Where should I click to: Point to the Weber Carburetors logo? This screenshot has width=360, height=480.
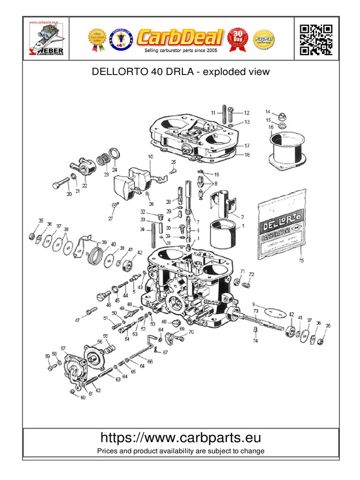[46, 39]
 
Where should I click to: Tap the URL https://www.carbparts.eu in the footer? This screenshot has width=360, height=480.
[180, 438]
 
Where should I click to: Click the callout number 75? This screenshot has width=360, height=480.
[301, 260]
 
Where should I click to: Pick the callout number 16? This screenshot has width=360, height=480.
[271, 127]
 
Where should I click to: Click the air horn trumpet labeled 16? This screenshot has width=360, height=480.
[286, 149]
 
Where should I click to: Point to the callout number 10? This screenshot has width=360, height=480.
[150, 157]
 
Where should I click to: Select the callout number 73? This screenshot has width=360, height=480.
[256, 311]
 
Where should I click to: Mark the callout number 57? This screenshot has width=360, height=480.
[63, 348]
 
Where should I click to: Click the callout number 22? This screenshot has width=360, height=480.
[84, 179]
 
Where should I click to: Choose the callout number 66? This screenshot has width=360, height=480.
[150, 362]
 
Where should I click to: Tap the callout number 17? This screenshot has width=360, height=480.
[247, 146]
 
